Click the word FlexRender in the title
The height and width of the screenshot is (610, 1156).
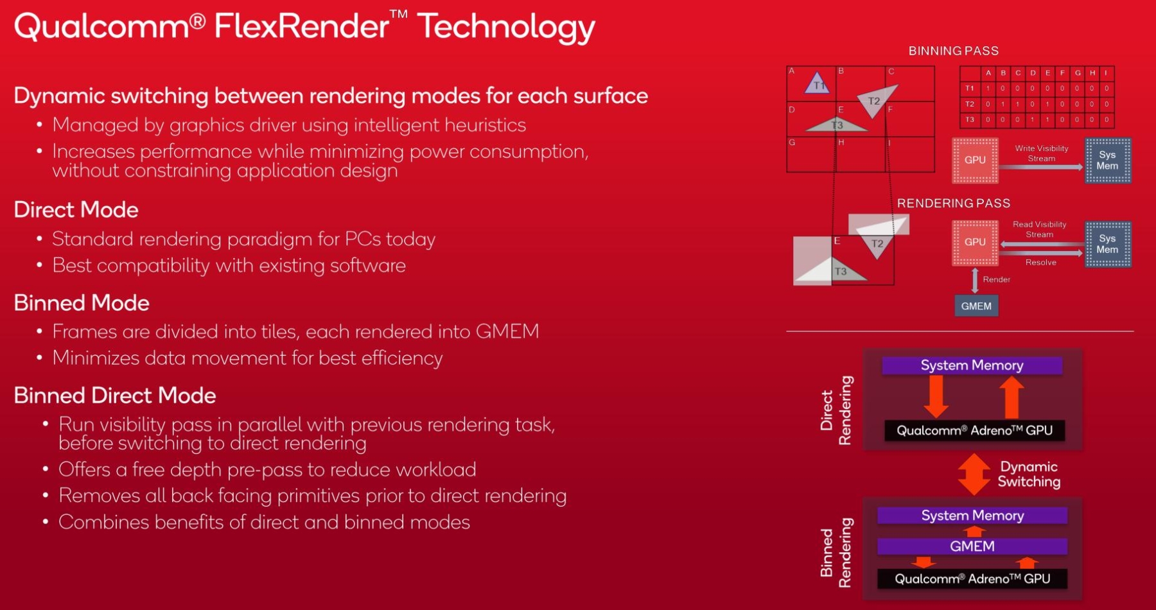[302, 26]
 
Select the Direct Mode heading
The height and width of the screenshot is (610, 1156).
[76, 210]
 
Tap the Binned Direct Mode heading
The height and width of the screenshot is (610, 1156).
[115, 396]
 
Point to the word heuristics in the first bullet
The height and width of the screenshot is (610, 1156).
[485, 125]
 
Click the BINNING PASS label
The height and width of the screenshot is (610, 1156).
[954, 51]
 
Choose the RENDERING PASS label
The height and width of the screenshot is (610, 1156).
[954, 204]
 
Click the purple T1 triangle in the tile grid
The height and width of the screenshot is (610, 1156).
[817, 82]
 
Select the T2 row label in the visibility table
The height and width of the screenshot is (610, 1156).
[970, 104]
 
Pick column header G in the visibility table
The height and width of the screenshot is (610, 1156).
[1078, 73]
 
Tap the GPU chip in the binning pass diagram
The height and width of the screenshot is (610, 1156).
[975, 161]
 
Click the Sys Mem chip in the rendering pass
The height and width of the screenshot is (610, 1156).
[1107, 244]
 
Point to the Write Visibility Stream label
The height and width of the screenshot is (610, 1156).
[1042, 153]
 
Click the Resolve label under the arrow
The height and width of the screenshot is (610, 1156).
[1041, 263]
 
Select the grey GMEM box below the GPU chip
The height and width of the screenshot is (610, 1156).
[976, 306]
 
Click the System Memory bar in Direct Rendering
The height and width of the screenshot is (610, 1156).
[972, 365]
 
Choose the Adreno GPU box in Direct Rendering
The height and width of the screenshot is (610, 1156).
[974, 430]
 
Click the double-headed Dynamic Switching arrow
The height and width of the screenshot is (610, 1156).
[974, 475]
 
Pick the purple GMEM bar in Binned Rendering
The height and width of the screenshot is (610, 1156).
[972, 546]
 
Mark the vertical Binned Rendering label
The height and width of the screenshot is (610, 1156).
[836, 553]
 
